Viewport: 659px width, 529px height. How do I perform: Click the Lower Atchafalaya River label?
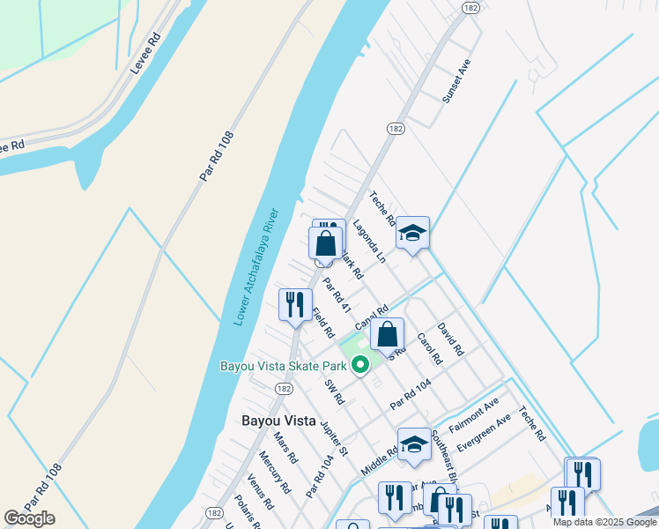[256, 267]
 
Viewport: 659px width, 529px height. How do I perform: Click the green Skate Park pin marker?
[359, 365]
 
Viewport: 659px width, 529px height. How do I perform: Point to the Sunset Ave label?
[458, 82]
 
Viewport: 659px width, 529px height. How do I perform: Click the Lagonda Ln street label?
[368, 242]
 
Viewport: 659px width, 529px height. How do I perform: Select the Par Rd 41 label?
[337, 296]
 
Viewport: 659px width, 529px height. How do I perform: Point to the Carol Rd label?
[428, 349]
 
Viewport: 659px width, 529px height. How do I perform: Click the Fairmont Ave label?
[474, 413]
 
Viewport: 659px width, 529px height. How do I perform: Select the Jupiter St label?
[336, 437]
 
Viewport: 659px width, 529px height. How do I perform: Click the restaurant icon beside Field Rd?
[294, 305]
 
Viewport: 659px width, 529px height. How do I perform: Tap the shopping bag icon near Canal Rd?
[387, 334]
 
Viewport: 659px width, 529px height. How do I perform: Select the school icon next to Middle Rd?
[413, 444]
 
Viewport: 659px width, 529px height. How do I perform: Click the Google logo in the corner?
[30, 518]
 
